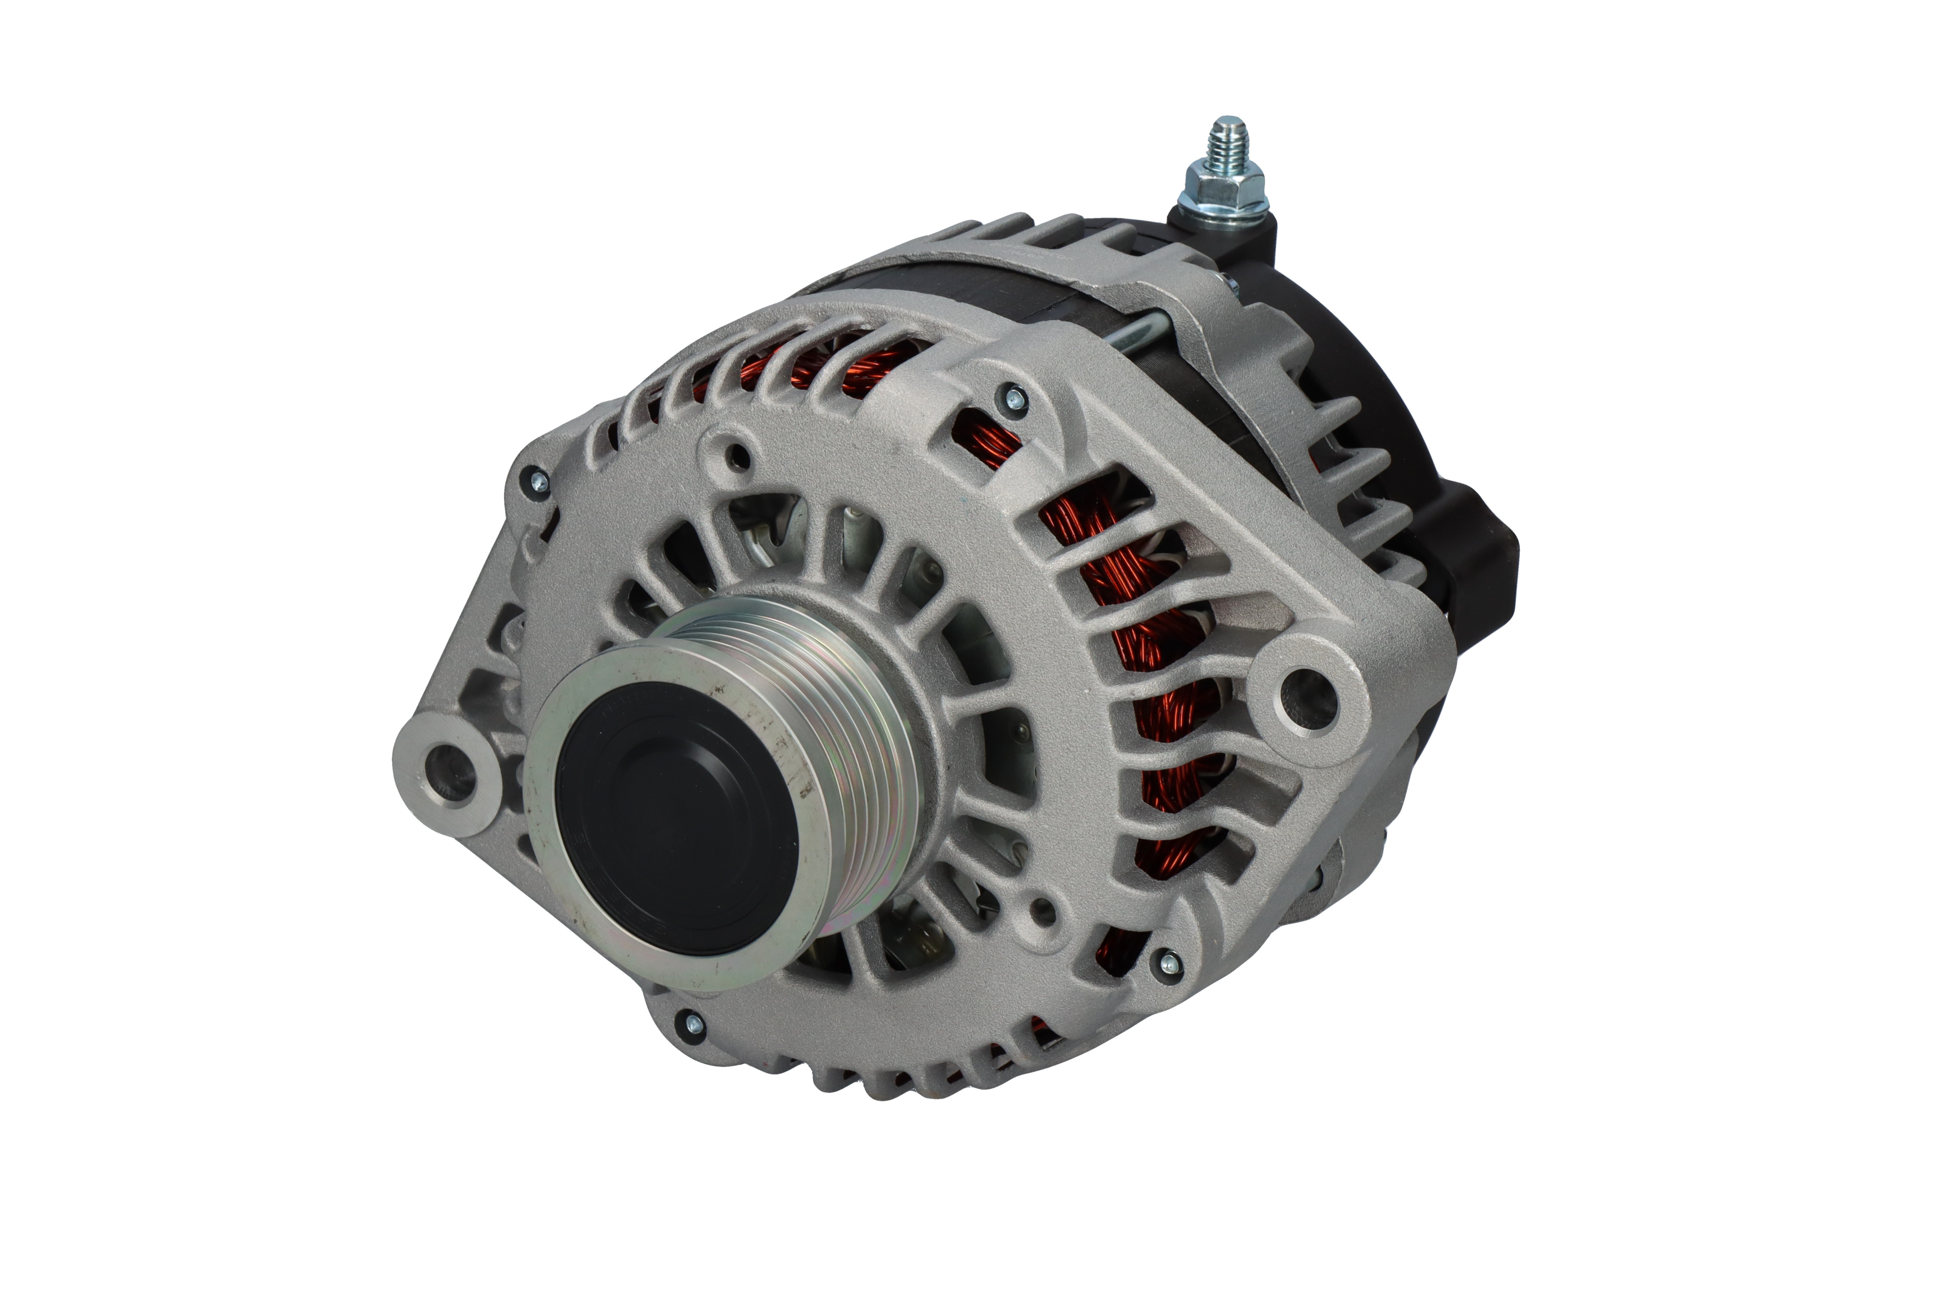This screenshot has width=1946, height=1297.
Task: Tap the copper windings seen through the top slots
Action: (869, 364)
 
